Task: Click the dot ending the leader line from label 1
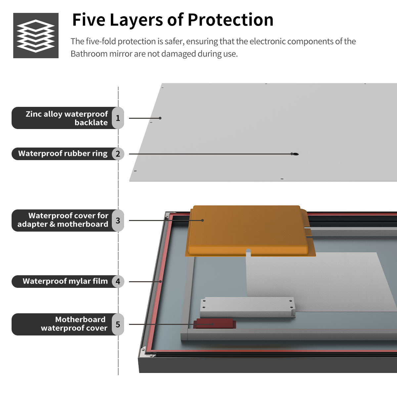tap(160, 118)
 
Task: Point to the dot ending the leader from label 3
tap(202, 220)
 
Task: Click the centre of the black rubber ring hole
tap(296, 154)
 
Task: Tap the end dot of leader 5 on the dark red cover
tap(212, 324)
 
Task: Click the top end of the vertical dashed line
tap(118, 87)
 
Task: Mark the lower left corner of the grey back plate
tap(129, 181)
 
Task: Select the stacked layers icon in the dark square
tap(36, 36)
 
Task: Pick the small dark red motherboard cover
tap(214, 324)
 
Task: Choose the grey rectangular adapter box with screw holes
tap(247, 307)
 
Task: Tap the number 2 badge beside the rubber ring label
tap(118, 154)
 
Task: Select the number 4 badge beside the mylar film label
tap(118, 282)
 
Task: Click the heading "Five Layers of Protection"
tap(173, 20)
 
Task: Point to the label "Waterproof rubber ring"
tap(63, 154)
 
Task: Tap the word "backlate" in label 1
tap(91, 123)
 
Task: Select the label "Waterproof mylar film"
tap(65, 281)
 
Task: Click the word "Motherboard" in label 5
tap(80, 319)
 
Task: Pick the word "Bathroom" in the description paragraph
tap(89, 54)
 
